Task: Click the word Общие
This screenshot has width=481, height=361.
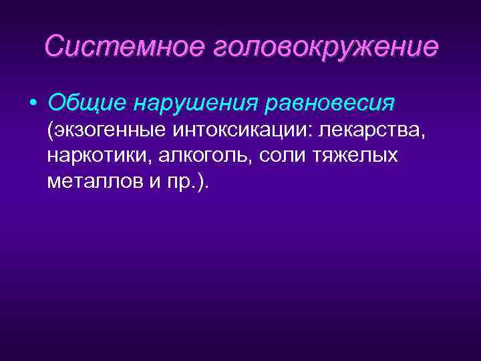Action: (x=86, y=104)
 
